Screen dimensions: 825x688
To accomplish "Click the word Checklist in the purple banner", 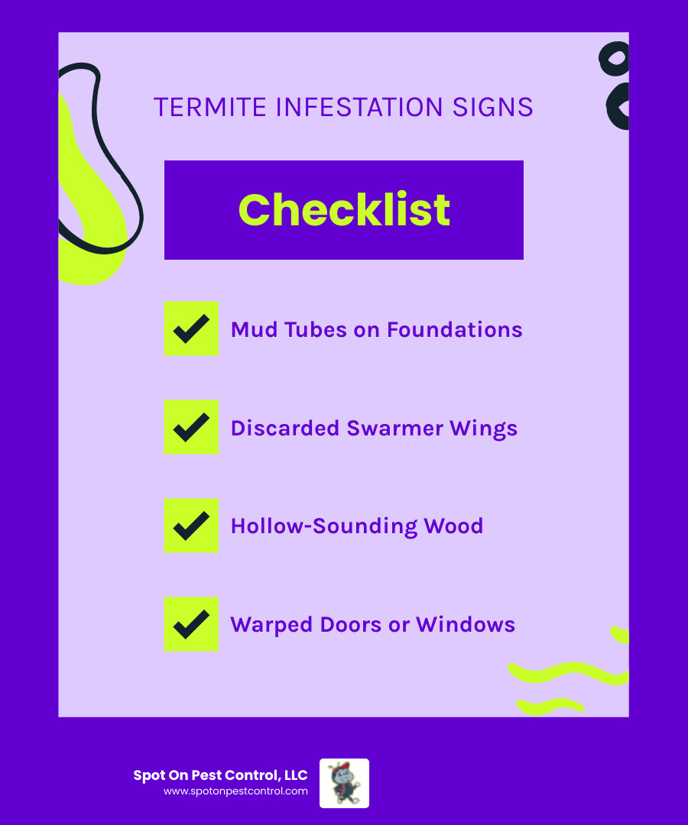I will pyautogui.click(x=344, y=209).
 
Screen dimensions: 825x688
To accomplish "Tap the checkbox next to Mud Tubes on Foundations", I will pyautogui.click(x=191, y=328).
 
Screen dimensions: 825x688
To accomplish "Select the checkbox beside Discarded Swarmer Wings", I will pyautogui.click(x=191, y=427).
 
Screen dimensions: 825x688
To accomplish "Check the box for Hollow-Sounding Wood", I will pyautogui.click(x=191, y=526).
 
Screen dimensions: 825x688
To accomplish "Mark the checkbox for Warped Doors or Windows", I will pyautogui.click(x=191, y=624).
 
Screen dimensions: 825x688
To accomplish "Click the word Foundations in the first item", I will pyautogui.click(x=454, y=329).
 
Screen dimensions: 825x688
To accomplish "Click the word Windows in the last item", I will pyautogui.click(x=466, y=625).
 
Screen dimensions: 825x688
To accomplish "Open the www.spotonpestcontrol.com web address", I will pyautogui.click(x=235, y=791).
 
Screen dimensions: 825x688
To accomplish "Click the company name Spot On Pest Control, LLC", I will pyautogui.click(x=220, y=775).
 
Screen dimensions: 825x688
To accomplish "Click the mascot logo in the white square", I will pyautogui.click(x=344, y=783).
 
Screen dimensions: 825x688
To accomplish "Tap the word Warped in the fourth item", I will pyautogui.click(x=267, y=625).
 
